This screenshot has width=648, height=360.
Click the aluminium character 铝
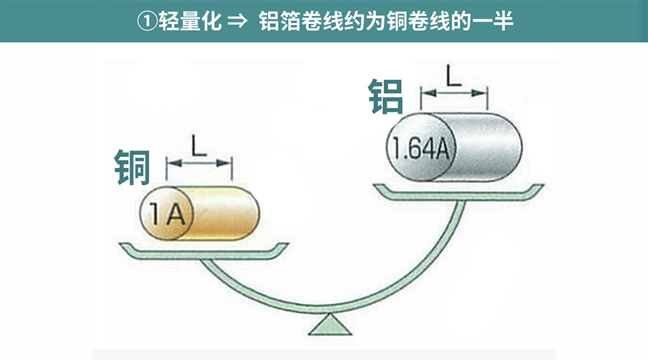386,96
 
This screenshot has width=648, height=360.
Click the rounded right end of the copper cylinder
253,213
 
